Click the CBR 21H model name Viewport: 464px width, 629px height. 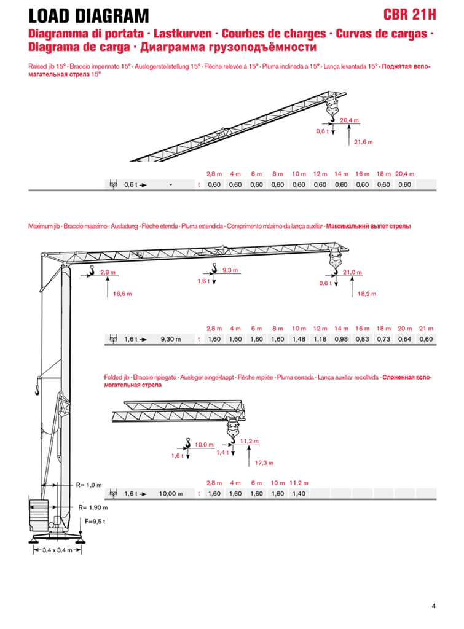click(409, 15)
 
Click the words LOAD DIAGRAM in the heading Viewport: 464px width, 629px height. click(88, 16)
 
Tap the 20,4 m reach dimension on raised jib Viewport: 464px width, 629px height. click(349, 120)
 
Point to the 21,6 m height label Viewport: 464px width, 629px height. click(363, 142)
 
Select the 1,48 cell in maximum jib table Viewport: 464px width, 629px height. click(299, 339)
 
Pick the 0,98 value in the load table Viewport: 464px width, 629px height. click(341, 339)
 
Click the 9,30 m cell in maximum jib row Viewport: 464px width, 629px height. click(171, 339)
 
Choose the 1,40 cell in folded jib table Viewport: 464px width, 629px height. click(299, 494)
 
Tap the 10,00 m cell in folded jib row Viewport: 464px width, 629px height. click(171, 494)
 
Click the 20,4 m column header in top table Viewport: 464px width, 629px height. click(404, 174)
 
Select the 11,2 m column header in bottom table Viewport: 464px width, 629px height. click(299, 483)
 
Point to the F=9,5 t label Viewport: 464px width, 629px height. click(95, 522)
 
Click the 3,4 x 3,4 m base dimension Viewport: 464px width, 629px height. click(57, 550)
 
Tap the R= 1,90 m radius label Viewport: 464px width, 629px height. click(93, 507)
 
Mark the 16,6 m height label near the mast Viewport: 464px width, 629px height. click(122, 294)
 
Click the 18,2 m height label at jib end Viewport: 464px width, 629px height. click(367, 294)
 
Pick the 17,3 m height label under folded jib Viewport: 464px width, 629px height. click(264, 463)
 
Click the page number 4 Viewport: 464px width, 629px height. click(433, 606)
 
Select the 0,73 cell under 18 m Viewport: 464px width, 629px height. click(383, 339)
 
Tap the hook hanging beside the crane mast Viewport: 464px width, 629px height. click(37, 390)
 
